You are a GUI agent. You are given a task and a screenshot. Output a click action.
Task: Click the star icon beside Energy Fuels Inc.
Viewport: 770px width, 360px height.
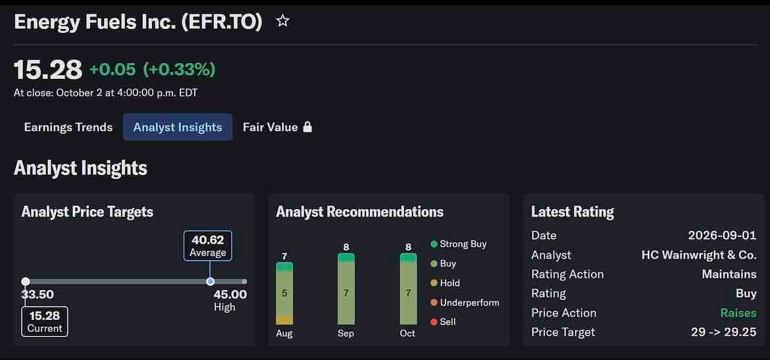click(x=282, y=21)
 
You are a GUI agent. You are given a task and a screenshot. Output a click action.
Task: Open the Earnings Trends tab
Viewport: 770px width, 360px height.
click(x=68, y=127)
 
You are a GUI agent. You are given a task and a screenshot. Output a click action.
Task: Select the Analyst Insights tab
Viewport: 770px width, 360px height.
click(x=178, y=127)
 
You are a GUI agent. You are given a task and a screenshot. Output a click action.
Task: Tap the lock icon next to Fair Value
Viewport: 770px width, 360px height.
click(x=307, y=127)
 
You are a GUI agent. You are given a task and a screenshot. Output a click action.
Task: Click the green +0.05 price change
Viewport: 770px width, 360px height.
click(x=113, y=69)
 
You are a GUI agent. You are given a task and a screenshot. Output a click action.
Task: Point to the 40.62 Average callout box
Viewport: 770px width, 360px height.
click(x=208, y=245)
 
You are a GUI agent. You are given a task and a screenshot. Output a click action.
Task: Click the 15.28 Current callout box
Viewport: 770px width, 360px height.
click(x=45, y=321)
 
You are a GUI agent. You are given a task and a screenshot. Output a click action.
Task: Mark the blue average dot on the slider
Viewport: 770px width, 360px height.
click(x=210, y=282)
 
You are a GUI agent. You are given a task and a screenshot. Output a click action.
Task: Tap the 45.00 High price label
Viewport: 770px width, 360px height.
click(x=230, y=301)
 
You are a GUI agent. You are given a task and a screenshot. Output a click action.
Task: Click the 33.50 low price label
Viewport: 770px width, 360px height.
click(x=38, y=295)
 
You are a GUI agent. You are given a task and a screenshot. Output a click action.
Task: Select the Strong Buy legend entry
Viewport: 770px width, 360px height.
click(x=459, y=244)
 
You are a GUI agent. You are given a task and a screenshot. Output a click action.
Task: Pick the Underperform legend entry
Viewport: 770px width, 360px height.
click(x=465, y=303)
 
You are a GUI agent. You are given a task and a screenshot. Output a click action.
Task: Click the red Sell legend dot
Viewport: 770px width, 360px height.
click(x=434, y=322)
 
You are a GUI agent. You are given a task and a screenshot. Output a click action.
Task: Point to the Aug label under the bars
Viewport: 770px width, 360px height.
click(x=284, y=334)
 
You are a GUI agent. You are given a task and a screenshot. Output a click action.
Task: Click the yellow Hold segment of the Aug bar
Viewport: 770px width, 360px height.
click(x=284, y=321)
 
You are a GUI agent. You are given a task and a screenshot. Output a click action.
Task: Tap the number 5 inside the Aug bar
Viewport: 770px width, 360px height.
click(x=284, y=294)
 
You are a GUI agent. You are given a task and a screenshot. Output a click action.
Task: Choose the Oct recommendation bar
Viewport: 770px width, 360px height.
click(x=408, y=289)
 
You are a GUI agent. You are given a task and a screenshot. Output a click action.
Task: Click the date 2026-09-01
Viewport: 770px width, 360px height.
click(x=723, y=235)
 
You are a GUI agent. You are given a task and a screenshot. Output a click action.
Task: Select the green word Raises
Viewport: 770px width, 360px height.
click(x=738, y=313)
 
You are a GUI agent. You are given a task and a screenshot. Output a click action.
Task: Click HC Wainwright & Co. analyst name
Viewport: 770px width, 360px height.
click(x=699, y=255)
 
